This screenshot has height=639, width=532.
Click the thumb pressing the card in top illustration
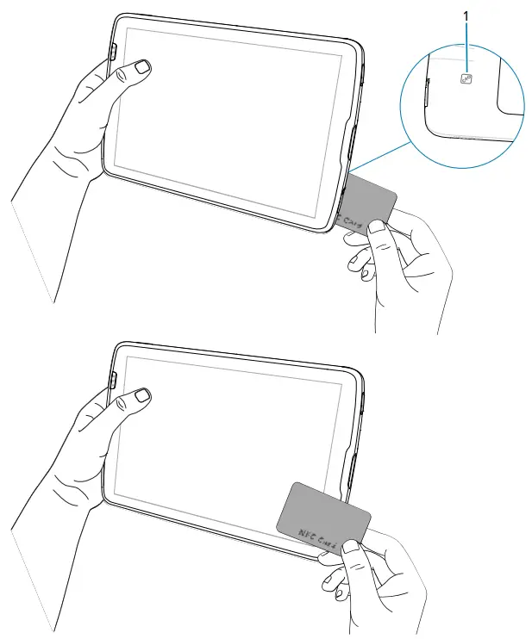click(377, 230)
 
